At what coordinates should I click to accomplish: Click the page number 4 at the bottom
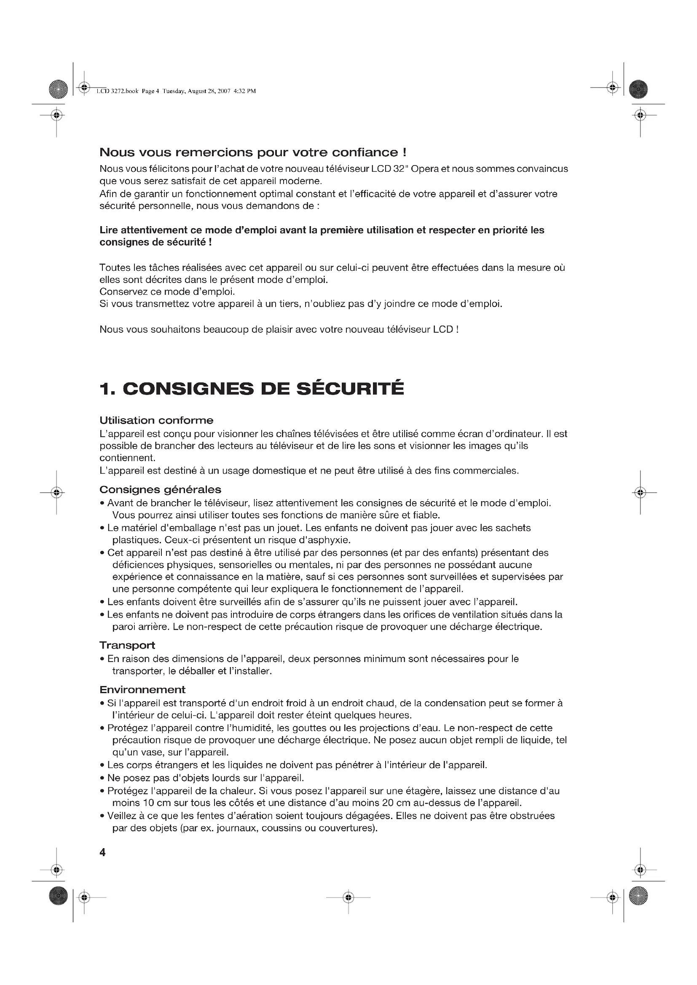(x=102, y=852)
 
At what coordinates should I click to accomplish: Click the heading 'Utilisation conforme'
(x=156, y=420)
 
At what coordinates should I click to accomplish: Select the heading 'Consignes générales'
(x=160, y=489)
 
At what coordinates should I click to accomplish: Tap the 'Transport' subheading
(x=127, y=645)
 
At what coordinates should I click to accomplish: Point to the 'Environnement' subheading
(x=142, y=689)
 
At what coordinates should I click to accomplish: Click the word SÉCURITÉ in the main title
(x=350, y=389)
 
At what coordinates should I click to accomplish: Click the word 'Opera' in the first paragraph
(x=424, y=168)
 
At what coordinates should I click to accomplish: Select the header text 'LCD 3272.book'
(x=117, y=91)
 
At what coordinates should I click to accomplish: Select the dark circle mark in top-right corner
(x=638, y=89)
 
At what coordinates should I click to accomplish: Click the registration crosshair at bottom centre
(x=348, y=897)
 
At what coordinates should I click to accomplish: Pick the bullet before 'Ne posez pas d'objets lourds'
(x=102, y=778)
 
